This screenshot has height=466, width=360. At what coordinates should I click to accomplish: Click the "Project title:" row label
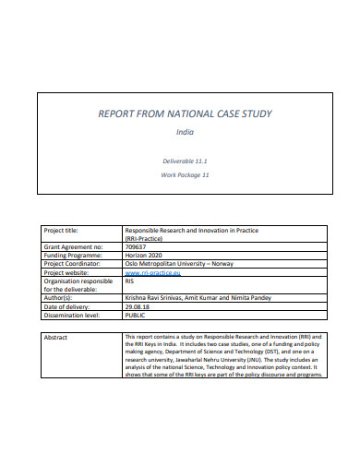tap(65, 230)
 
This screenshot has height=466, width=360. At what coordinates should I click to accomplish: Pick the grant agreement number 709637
tap(136, 247)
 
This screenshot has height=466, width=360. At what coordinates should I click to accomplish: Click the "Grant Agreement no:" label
tap(73, 247)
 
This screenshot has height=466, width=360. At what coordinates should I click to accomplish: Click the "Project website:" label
tap(69, 273)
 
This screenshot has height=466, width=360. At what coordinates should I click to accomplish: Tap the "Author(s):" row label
tap(61, 299)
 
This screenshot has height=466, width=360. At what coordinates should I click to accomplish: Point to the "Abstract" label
tap(57, 338)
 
